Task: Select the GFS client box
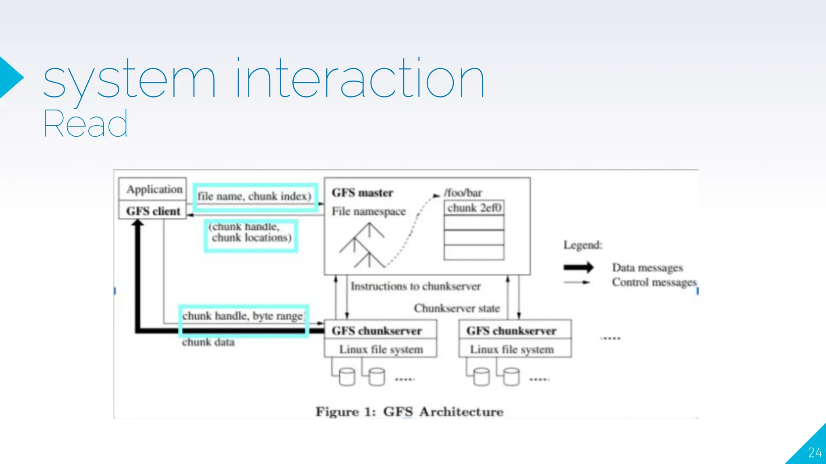click(153, 211)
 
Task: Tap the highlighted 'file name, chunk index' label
click(254, 197)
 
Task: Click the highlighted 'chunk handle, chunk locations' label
click(250, 233)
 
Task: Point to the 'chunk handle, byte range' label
click(243, 316)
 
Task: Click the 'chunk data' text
click(208, 342)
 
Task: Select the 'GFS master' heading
click(362, 193)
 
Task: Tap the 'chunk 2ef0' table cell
click(474, 208)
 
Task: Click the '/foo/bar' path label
click(463, 193)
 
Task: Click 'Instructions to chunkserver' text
click(415, 286)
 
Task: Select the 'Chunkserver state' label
click(457, 309)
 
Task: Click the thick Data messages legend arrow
click(578, 267)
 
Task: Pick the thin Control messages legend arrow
click(577, 282)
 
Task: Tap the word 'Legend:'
click(583, 245)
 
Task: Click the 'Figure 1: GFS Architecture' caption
click(409, 412)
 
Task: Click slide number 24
click(814, 453)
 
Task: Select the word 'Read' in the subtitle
click(86, 124)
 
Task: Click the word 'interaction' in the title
click(360, 79)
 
